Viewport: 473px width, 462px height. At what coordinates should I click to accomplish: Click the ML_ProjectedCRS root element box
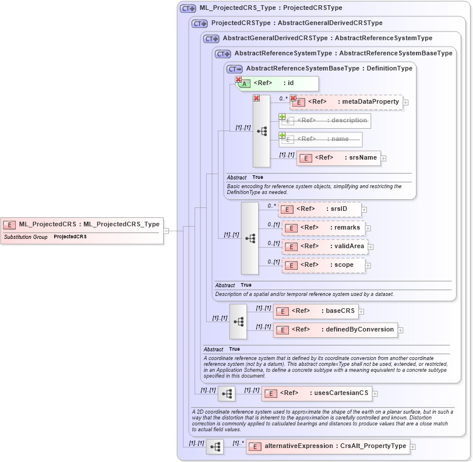click(82, 224)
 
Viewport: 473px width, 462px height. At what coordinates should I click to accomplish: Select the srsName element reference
click(338, 158)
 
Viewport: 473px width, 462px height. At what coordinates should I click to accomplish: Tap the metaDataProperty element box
click(346, 103)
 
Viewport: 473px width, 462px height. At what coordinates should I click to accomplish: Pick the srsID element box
click(320, 209)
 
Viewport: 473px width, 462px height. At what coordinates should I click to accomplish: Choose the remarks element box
click(323, 228)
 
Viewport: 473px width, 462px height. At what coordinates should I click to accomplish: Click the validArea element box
click(324, 246)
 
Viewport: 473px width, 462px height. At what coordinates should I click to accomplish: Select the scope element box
click(323, 265)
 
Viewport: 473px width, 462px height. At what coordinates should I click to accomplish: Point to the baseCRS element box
click(315, 311)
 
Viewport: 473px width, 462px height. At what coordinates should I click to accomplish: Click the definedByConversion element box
click(336, 330)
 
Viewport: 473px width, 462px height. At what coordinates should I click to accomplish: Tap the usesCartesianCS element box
click(316, 393)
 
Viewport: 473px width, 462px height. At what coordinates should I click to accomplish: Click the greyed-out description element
click(324, 121)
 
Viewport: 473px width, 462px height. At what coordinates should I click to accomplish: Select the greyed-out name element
click(320, 139)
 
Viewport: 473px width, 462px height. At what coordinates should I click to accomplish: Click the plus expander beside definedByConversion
click(401, 330)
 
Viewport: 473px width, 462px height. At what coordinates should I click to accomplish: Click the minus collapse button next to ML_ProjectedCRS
click(166, 230)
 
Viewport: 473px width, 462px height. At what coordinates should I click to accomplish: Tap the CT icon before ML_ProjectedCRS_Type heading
click(188, 9)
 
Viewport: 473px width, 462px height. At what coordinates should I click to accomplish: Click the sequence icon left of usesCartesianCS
click(226, 394)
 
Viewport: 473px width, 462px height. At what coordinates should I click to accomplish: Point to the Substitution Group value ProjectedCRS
click(70, 237)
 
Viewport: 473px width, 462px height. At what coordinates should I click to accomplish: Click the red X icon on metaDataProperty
click(293, 98)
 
